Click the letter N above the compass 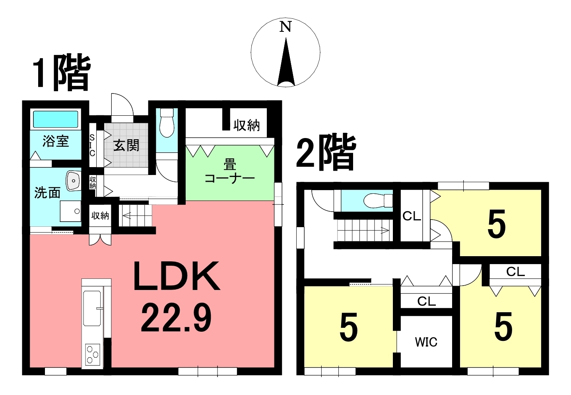coord(285,27)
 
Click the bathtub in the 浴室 coord(56,119)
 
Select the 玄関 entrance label coord(126,146)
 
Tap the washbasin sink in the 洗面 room coord(74,181)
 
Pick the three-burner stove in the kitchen coord(92,354)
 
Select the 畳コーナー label coord(230,171)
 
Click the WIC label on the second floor coord(426,342)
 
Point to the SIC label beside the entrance coord(92,145)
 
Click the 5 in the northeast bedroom coord(496,224)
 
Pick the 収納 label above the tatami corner coord(247,125)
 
